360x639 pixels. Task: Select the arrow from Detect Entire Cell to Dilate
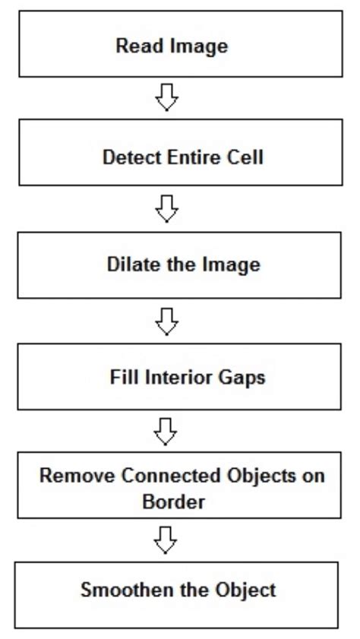pyautogui.click(x=166, y=208)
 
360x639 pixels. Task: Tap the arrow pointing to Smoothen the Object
pyautogui.click(x=166, y=540)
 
